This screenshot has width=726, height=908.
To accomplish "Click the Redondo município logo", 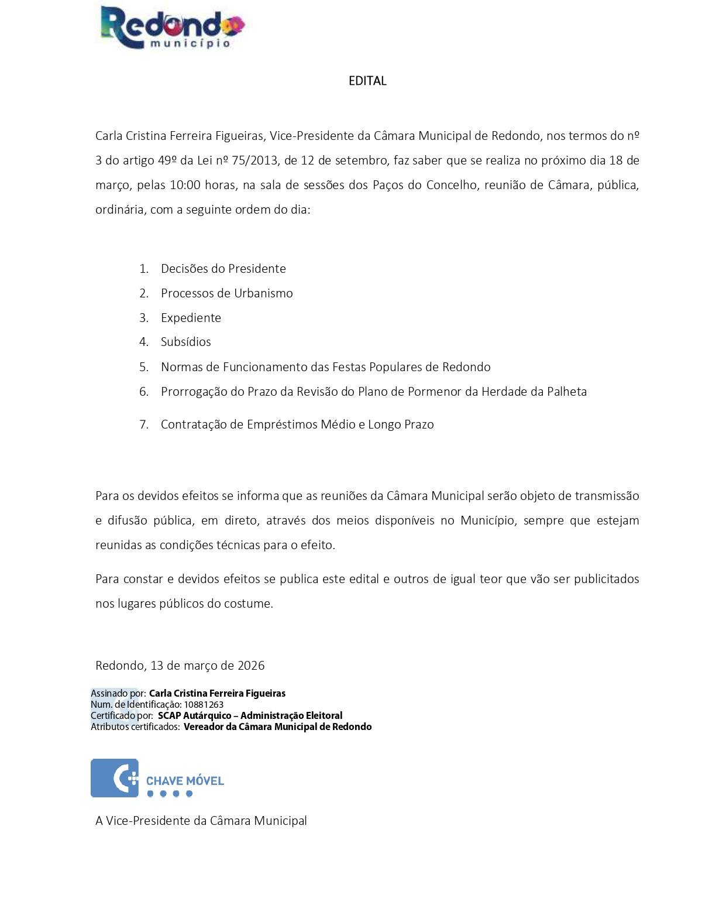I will pos(172,28).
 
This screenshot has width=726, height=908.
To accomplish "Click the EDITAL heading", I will pos(367,81).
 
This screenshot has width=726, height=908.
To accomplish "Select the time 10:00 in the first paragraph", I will pos(185,185).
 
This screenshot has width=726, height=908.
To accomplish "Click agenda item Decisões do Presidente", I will pos(223,269).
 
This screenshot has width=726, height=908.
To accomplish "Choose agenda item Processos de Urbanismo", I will pos(226,293).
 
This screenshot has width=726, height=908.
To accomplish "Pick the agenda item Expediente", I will pos(191,318).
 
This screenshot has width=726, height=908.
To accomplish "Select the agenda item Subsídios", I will pos(185,342).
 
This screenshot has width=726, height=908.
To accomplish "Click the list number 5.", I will pos(144,367).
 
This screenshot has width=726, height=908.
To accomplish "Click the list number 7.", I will pos(144,424).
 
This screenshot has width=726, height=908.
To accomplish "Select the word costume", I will pos(248,604).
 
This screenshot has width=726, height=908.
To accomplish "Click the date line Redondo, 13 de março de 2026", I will pos(180,666).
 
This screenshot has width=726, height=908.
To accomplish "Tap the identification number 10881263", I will pos(204,705).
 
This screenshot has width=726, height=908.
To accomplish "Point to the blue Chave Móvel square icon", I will pos(115,778).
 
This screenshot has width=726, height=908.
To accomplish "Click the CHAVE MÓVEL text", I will pos(185,781).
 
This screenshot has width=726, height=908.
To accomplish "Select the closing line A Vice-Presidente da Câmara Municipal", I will pos(201,821).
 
